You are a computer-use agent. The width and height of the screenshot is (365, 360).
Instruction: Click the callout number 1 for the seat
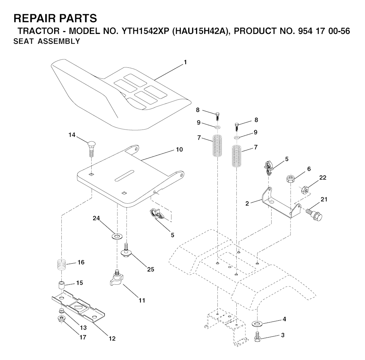[185, 62]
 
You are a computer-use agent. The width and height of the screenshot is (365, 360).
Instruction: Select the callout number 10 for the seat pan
[179, 149]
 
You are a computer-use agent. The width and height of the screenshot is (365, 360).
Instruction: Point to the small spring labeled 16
[62, 265]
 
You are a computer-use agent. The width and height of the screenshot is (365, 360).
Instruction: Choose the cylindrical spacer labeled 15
[61, 286]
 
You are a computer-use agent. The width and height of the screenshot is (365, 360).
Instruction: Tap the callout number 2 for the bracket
[247, 203]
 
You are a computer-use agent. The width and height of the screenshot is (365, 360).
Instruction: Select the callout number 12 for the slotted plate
[112, 338]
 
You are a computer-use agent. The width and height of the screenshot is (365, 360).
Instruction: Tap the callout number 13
[83, 328]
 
